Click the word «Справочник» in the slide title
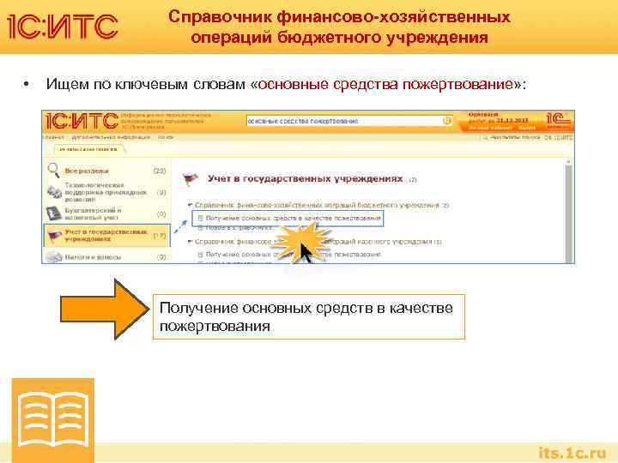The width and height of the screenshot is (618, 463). click(x=211, y=17)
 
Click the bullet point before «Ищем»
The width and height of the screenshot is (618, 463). click(x=27, y=84)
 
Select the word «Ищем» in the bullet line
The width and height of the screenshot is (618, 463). click(x=66, y=84)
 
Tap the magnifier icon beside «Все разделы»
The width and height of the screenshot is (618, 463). click(x=53, y=170)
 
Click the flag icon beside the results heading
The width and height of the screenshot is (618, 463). click(x=191, y=180)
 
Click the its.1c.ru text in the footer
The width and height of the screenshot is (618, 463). click(x=572, y=452)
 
